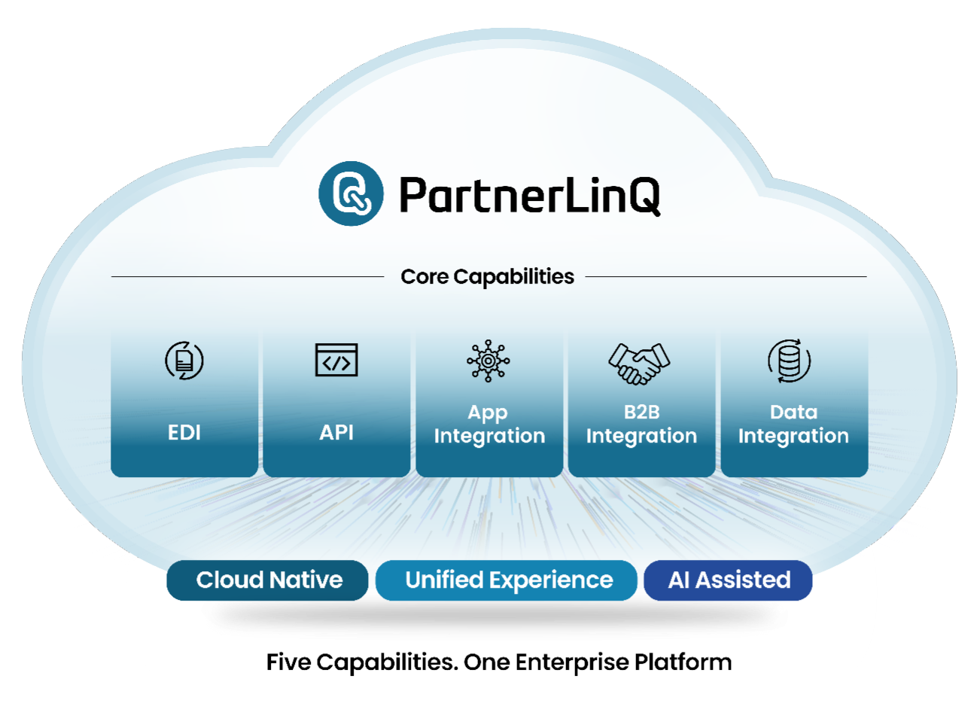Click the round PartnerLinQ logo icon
[x=351, y=193]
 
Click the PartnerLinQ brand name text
[x=529, y=195]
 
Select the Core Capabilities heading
[x=487, y=277]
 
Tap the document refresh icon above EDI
[x=184, y=361]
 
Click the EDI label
[x=184, y=433]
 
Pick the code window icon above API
[x=336, y=360]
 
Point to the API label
[x=336, y=433]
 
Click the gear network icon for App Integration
[x=488, y=361]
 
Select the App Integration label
[x=489, y=425]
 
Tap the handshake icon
[x=639, y=363]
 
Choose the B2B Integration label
[x=641, y=425]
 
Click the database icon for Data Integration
[x=790, y=361]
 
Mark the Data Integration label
[x=793, y=425]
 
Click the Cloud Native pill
[x=268, y=580]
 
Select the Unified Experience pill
[x=508, y=580]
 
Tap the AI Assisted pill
[x=729, y=580]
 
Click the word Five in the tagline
[x=288, y=662]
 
